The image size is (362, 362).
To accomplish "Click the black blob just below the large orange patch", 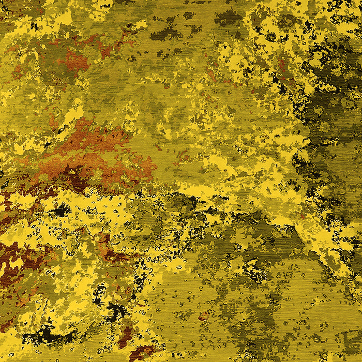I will (61, 210).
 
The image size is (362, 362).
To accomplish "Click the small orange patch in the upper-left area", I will (77, 62).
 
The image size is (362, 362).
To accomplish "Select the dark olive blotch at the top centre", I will (165, 34).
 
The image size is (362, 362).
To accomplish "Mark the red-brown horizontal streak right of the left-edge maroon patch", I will (111, 253).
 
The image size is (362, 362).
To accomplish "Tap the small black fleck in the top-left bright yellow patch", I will (34, 25).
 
